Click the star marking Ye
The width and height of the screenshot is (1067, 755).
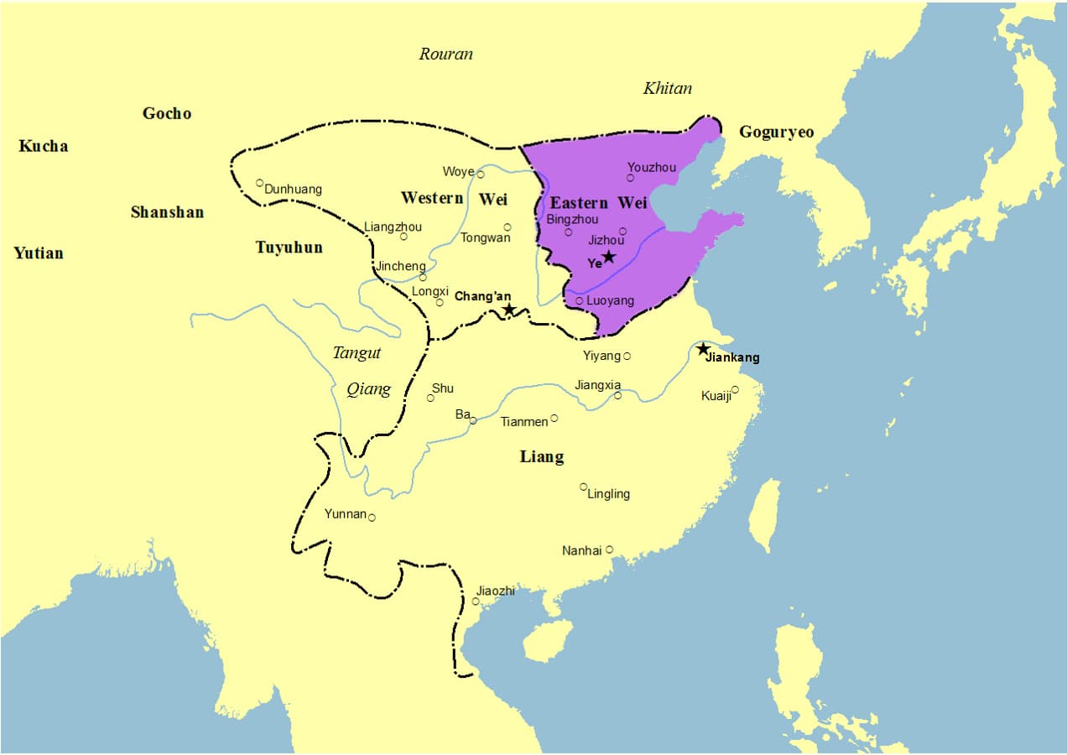pyautogui.click(x=609, y=257)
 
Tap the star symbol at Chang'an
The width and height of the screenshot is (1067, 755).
pyautogui.click(x=508, y=310)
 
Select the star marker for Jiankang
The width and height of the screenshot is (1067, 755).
pyautogui.click(x=703, y=349)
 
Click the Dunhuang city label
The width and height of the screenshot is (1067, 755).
pyautogui.click(x=293, y=190)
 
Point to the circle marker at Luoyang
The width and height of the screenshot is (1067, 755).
pyautogui.click(x=579, y=300)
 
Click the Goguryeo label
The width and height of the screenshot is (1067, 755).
pyautogui.click(x=776, y=133)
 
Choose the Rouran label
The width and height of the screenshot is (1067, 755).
pyautogui.click(x=445, y=55)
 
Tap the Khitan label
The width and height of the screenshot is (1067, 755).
pyautogui.click(x=667, y=88)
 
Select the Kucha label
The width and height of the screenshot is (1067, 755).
pyautogui.click(x=43, y=146)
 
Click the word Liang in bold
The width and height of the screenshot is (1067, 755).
pyautogui.click(x=542, y=457)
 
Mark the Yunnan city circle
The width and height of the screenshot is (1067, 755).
pyautogui.click(x=372, y=518)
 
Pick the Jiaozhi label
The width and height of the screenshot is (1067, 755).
pyautogui.click(x=495, y=591)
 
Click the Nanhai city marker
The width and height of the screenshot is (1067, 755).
pyautogui.click(x=610, y=549)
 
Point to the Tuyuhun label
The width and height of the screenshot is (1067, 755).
pyautogui.click(x=289, y=247)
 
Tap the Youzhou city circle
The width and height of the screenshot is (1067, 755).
pyautogui.click(x=631, y=178)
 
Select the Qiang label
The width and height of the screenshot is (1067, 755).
pyautogui.click(x=368, y=389)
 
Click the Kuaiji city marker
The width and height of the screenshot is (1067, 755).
pyautogui.click(x=736, y=389)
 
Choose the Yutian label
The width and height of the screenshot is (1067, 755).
pyautogui.click(x=39, y=253)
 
